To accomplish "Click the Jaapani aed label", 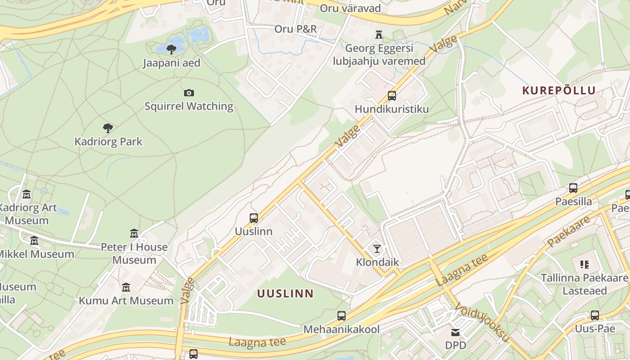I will [x=171, y=63].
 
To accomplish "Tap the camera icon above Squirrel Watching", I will [x=189, y=93].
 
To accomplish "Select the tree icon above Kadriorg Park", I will [x=108, y=128].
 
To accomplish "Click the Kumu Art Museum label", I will [x=126, y=301].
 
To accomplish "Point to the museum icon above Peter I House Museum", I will [x=134, y=234].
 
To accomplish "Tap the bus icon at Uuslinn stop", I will [x=254, y=218].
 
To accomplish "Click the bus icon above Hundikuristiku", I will [x=392, y=96].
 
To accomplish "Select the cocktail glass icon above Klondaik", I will [x=377, y=249].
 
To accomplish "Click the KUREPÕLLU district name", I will [x=559, y=90].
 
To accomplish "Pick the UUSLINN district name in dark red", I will [x=285, y=294].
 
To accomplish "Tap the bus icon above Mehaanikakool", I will [x=342, y=316].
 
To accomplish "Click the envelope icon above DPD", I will [x=456, y=333].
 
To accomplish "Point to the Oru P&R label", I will [x=296, y=29].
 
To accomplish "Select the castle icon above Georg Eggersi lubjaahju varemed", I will [x=379, y=35].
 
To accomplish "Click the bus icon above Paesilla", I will [x=573, y=188].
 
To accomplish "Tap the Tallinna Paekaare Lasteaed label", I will [x=585, y=284].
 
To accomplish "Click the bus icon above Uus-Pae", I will [x=595, y=315].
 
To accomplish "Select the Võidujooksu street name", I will [x=482, y=322].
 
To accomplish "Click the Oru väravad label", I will [x=351, y=8].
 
